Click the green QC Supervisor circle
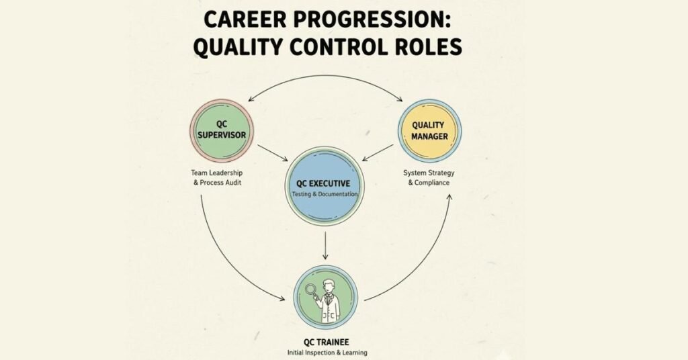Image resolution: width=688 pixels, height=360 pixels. click(221, 134)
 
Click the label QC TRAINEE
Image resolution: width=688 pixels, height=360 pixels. click(325, 341)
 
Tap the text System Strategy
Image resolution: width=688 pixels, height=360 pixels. click(428, 172)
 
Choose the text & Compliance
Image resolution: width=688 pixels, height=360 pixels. click(428, 183)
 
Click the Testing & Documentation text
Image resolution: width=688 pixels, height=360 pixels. click(325, 194)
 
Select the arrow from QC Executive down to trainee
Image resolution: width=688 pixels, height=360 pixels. click(325, 246)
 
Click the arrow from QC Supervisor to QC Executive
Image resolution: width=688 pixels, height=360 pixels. click(272, 152)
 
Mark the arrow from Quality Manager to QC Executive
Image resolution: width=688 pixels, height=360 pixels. click(378, 152)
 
